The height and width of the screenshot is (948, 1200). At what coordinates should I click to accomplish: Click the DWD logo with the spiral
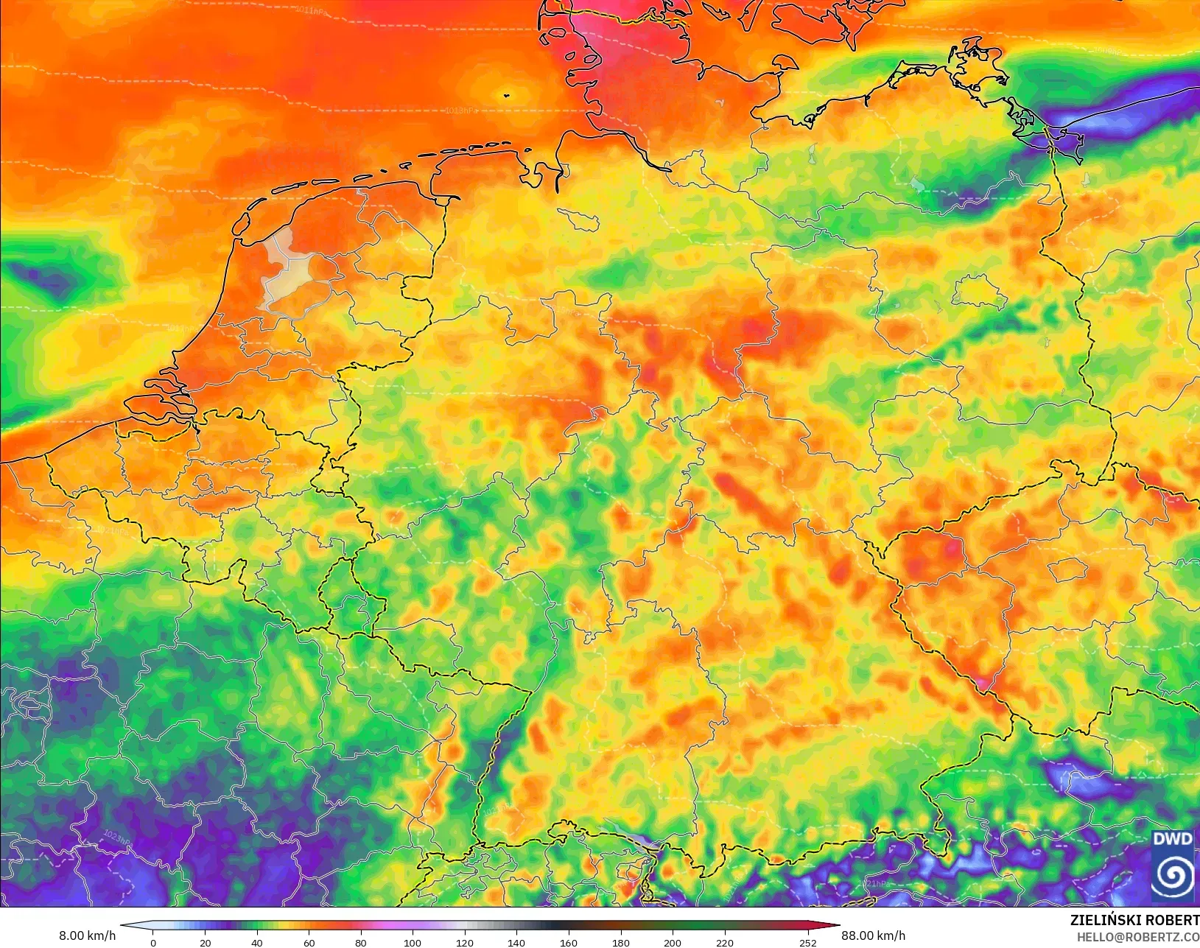pyautogui.click(x=1173, y=866)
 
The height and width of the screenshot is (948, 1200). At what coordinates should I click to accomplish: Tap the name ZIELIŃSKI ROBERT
pyautogui.click(x=1134, y=921)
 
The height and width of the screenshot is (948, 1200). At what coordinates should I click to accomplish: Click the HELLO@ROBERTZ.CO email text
pyautogui.click(x=1137, y=938)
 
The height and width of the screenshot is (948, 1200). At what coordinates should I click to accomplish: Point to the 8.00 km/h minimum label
pyautogui.click(x=87, y=935)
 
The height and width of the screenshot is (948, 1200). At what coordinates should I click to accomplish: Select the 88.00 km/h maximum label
pyautogui.click(x=873, y=935)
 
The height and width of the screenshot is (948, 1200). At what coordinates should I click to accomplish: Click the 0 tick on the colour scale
pyautogui.click(x=153, y=942)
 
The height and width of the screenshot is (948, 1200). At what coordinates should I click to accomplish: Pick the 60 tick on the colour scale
pyautogui.click(x=309, y=942)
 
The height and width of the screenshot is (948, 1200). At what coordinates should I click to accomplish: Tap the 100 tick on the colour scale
pyautogui.click(x=413, y=942)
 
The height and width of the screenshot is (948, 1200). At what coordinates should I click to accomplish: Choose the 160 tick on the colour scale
pyautogui.click(x=568, y=942)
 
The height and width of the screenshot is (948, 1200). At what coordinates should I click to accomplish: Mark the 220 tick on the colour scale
pyautogui.click(x=724, y=942)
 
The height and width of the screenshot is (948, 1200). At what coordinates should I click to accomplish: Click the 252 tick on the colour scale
pyautogui.click(x=808, y=942)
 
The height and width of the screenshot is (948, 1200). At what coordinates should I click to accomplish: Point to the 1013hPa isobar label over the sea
pyautogui.click(x=461, y=110)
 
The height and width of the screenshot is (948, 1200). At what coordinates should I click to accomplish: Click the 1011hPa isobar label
pyautogui.click(x=311, y=10)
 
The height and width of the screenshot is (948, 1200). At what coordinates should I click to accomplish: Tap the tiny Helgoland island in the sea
pyautogui.click(x=506, y=94)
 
